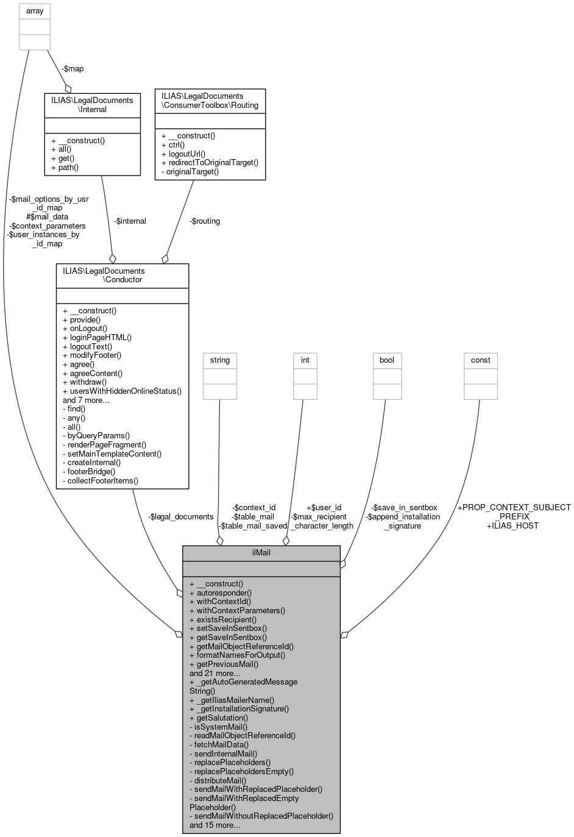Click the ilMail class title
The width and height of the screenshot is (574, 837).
pyautogui.click(x=261, y=553)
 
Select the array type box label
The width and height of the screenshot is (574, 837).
pyautogui.click(x=35, y=11)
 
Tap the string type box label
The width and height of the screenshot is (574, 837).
pyautogui.click(x=219, y=360)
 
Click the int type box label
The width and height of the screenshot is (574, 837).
pyautogui.click(x=305, y=360)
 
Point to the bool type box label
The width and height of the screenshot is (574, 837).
pyautogui.click(x=387, y=360)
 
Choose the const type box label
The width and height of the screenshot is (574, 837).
pyautogui.click(x=480, y=360)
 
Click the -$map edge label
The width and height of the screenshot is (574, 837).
pyautogui.click(x=73, y=69)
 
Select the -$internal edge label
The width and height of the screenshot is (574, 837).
pyautogui.click(x=130, y=221)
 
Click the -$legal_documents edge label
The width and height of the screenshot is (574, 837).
pyautogui.click(x=181, y=516)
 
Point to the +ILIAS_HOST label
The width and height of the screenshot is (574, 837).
pyautogui.click(x=512, y=525)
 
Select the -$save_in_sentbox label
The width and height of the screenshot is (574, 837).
pyautogui.click(x=404, y=507)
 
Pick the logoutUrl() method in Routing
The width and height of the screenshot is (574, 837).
pyautogui.click(x=183, y=154)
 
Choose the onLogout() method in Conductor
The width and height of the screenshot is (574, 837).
pyautogui.click(x=85, y=328)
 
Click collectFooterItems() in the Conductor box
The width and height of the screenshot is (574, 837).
pyautogui.click(x=101, y=480)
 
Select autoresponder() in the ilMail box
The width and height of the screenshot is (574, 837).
pyautogui.click(x=221, y=593)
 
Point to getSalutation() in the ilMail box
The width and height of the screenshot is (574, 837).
pyautogui.click(x=219, y=718)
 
